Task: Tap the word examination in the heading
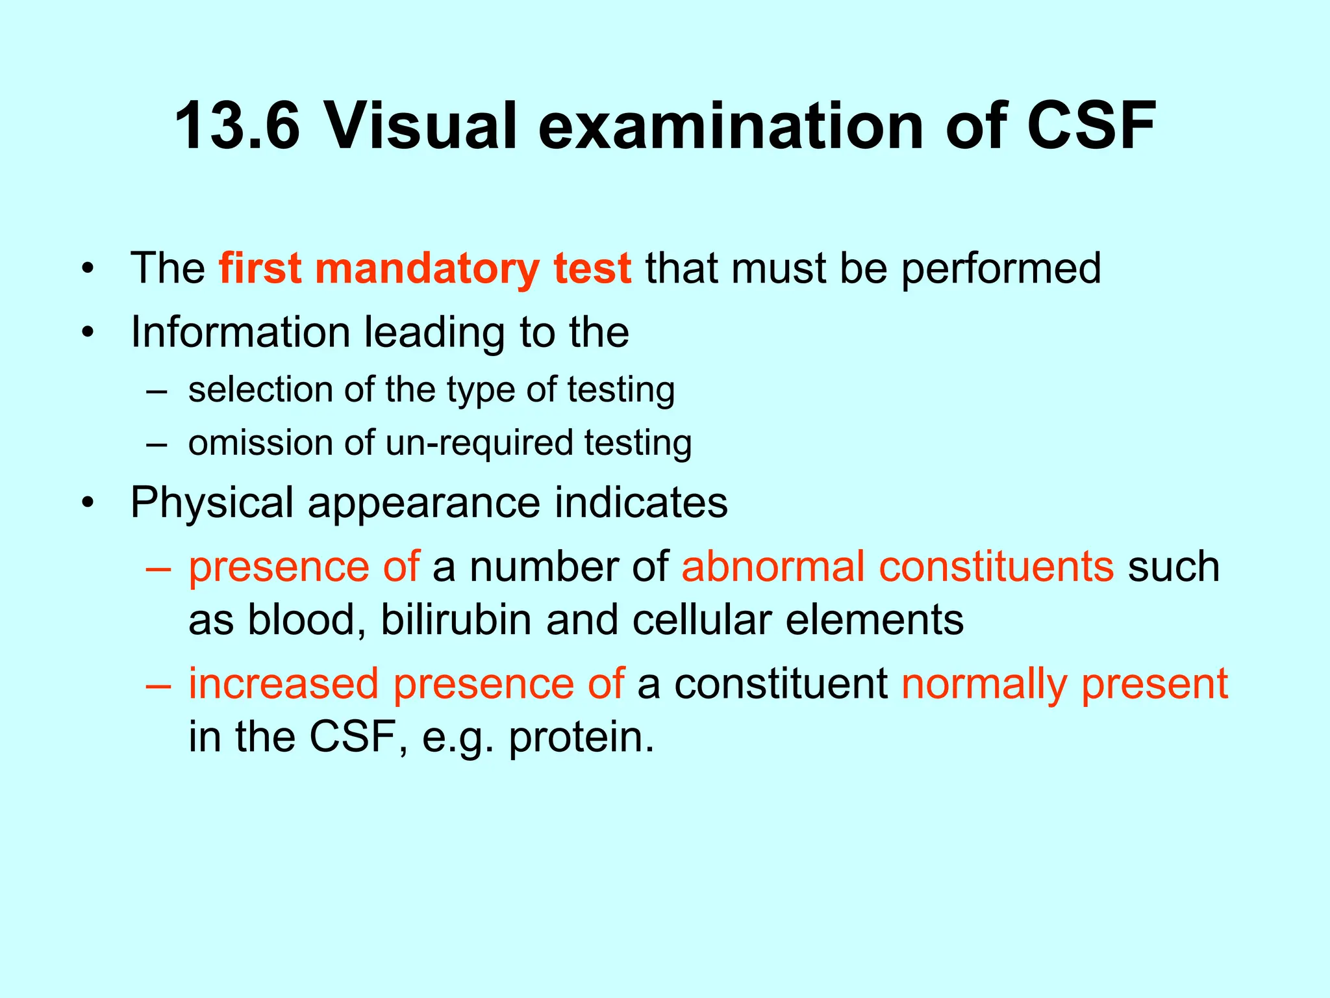click(x=731, y=126)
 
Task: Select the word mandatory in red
click(x=426, y=269)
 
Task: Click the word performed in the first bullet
click(x=1001, y=269)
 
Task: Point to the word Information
click(x=240, y=332)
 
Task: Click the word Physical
click(x=212, y=503)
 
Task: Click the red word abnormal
click(x=773, y=566)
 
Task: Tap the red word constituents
click(x=996, y=566)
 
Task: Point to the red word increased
click(x=283, y=684)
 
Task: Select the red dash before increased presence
click(x=158, y=685)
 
